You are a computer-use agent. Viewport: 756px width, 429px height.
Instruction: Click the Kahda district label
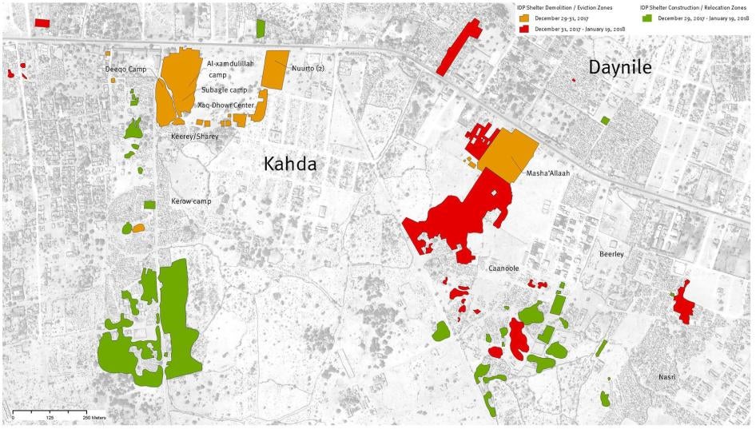290,165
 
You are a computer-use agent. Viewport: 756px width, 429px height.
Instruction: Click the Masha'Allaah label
547,173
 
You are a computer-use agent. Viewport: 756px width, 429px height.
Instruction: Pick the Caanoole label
503,268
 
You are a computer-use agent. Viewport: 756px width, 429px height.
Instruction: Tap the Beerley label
611,254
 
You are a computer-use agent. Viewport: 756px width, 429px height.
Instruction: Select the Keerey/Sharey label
194,137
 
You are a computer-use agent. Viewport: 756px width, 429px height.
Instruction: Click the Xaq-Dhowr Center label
225,105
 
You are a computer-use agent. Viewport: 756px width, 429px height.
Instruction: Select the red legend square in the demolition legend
524,29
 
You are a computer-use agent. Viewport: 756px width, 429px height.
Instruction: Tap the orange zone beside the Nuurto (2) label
275,70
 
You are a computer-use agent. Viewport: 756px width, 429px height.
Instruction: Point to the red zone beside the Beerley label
682,302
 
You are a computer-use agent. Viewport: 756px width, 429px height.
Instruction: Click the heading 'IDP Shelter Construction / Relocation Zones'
694,6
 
